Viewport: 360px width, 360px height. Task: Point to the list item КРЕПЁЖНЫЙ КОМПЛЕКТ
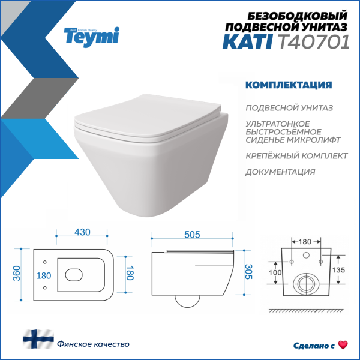click(296, 155)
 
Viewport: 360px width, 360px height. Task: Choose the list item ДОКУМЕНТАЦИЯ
click(280, 172)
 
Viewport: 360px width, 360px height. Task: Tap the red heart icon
click(343, 345)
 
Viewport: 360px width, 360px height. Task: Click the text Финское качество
click(93, 344)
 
